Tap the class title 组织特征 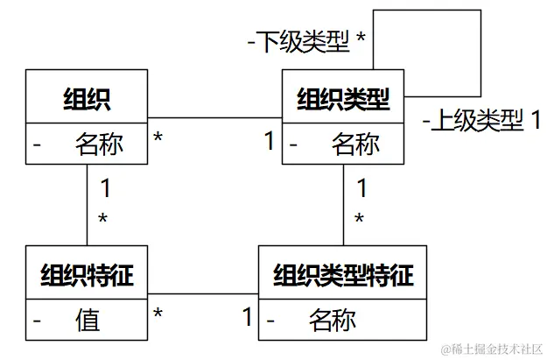pos(88,275)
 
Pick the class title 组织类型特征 pos(343,275)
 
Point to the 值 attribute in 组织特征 pos(88,320)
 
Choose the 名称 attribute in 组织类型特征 pos(333,320)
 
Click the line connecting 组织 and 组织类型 pos(214,117)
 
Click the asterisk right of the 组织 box pos(158,138)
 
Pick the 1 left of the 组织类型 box pos(270,139)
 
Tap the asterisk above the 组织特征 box pos(102,219)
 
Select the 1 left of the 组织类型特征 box pos(247,315)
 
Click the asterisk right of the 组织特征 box pos(158,313)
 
